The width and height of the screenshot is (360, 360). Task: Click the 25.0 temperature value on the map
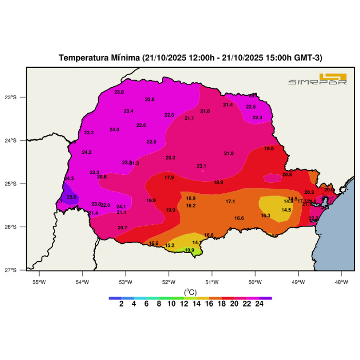pyautogui.click(x=71, y=197)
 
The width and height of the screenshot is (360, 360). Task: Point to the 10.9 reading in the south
pyautogui.click(x=189, y=250)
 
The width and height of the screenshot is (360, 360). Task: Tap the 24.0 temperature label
pyautogui.click(x=114, y=130)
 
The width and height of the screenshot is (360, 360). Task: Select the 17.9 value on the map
pyautogui.click(x=169, y=177)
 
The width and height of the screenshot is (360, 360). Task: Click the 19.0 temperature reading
pyautogui.click(x=269, y=149)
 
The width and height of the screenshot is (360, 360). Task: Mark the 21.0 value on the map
pyautogui.click(x=229, y=153)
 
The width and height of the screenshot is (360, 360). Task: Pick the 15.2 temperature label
pyautogui.click(x=170, y=245)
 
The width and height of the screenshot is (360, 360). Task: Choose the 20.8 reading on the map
pyautogui.click(x=287, y=175)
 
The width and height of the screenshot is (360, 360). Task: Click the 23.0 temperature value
pyautogui.click(x=150, y=99)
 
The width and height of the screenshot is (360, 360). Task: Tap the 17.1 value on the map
pyautogui.click(x=230, y=201)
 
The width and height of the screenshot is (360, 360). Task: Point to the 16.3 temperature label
pyautogui.click(x=265, y=215)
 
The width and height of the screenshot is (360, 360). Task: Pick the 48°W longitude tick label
pyautogui.click(x=341, y=281)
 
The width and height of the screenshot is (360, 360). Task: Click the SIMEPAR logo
pyautogui.click(x=317, y=80)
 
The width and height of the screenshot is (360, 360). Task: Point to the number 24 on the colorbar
pyautogui.click(x=259, y=304)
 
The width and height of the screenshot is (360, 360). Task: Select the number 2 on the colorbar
pyautogui.click(x=121, y=304)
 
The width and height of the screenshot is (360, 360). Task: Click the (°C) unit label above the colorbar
pyautogui.click(x=190, y=292)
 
